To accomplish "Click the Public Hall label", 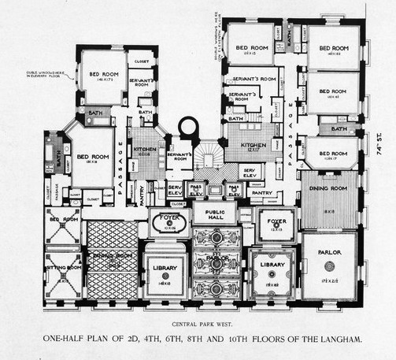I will (215, 215).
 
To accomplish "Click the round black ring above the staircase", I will (190, 126).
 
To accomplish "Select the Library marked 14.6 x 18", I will (165, 269).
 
